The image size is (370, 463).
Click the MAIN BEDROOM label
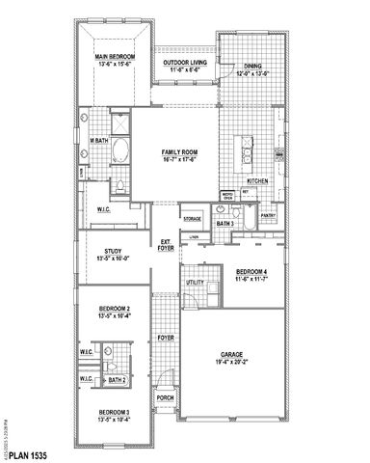(x=114, y=57)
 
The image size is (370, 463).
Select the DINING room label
(x=251, y=66)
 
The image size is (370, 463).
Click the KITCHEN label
(x=257, y=180)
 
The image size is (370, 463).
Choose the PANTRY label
(x=269, y=215)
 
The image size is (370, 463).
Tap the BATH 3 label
(x=225, y=224)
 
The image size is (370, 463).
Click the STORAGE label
(x=192, y=218)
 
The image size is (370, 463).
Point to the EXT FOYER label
(x=166, y=244)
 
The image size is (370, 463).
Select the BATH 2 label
(x=118, y=380)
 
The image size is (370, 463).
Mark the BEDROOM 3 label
(x=114, y=412)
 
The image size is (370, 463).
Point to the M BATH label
(x=98, y=141)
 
